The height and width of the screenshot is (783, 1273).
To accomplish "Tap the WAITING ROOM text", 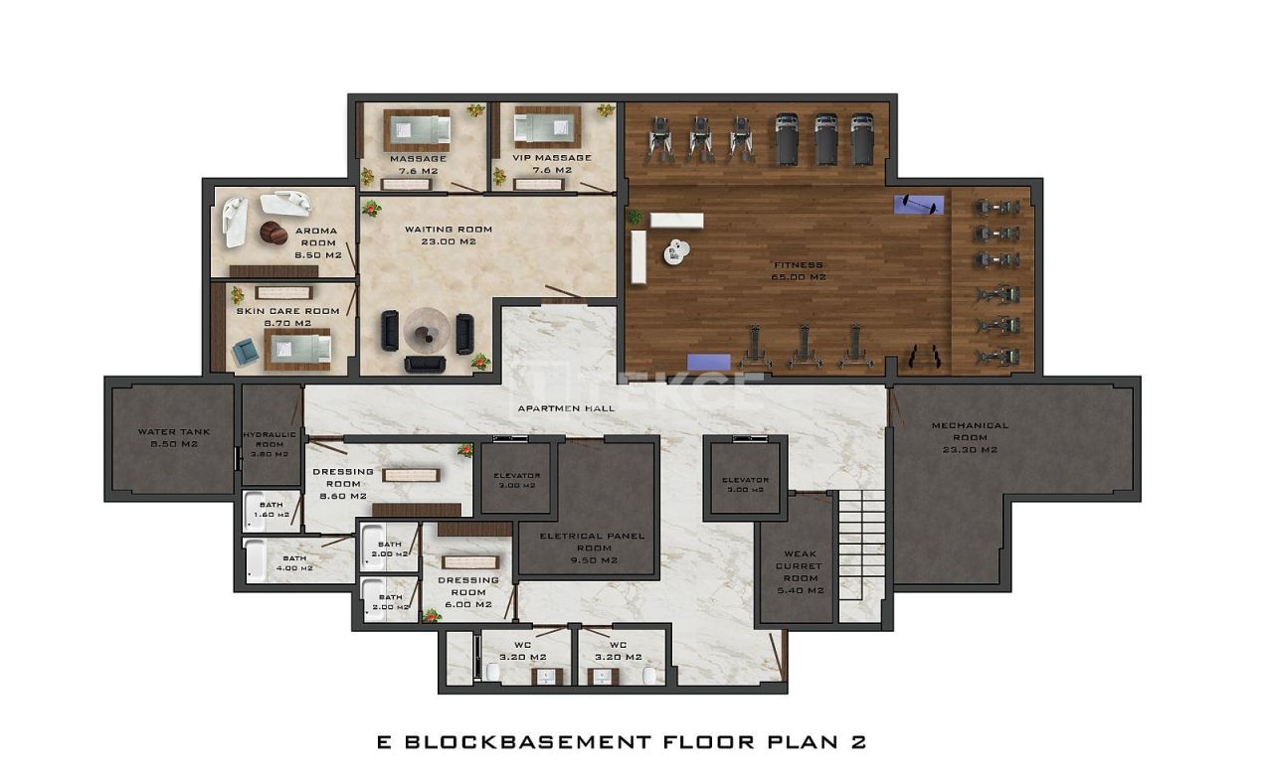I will pos(448,235).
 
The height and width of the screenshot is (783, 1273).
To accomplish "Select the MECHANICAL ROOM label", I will pos(970,436).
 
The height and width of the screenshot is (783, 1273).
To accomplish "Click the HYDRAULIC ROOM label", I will pos(269,444).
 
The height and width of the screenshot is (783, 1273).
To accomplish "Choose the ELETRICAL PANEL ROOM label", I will pos(592,548).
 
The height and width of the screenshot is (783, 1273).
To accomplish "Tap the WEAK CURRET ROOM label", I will pos(800,571).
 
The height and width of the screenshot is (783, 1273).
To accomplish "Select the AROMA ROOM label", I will pos(318,242).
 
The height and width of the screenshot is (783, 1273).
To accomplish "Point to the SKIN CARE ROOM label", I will pos(287,316).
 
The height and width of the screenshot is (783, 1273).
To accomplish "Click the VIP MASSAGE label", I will pos(551,163).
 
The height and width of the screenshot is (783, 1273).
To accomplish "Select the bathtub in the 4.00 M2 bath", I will pos(256,561).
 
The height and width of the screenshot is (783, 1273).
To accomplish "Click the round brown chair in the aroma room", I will pos(273,234).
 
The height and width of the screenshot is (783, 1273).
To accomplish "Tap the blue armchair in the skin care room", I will pos(245,352).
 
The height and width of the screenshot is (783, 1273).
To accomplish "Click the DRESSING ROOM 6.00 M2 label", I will pos(467,591).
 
